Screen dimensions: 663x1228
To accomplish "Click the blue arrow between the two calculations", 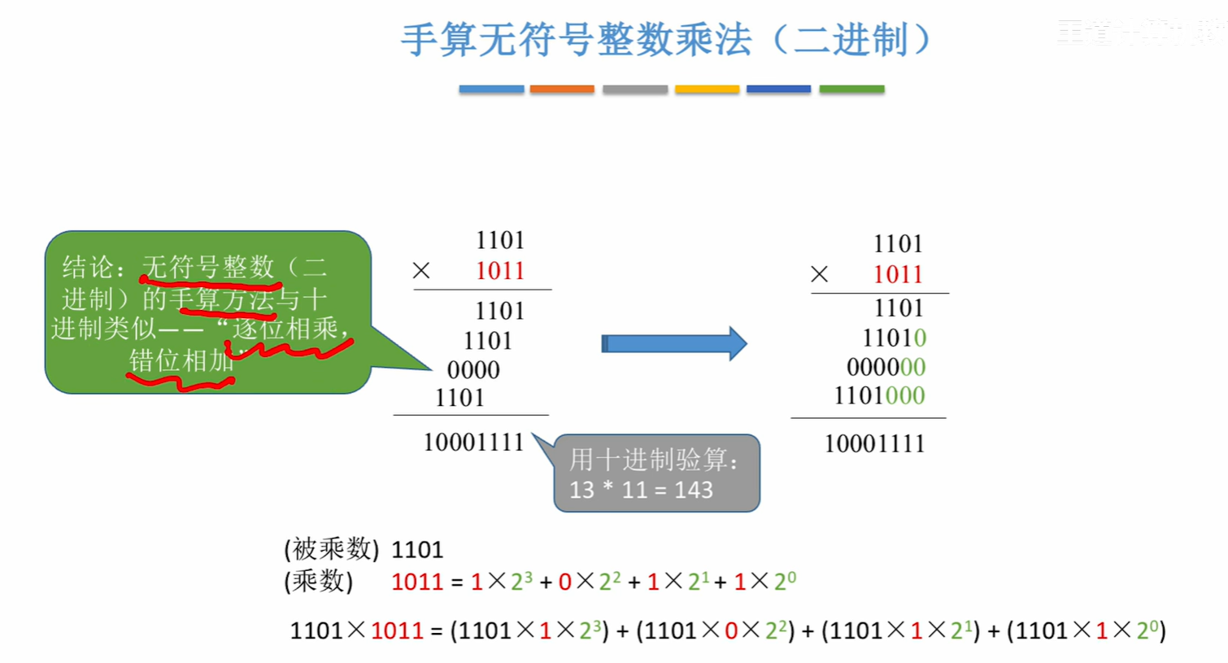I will (673, 343).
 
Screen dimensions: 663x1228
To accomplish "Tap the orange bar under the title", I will (562, 89).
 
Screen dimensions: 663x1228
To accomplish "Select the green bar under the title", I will (851, 89).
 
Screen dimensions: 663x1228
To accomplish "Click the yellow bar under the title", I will (707, 89).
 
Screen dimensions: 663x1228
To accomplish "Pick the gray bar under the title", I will (634, 89).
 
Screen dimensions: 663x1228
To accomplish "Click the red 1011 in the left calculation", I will (499, 271).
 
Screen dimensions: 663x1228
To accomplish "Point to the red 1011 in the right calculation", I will (898, 275).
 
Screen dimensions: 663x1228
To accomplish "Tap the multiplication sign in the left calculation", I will (421, 270).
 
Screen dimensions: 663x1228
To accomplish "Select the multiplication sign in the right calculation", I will (820, 274).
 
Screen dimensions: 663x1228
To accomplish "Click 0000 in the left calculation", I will (473, 370).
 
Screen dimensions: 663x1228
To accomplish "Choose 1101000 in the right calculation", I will (879, 396).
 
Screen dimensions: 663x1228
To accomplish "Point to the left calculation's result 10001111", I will (473, 443).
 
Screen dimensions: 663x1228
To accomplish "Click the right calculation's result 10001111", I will (874, 444).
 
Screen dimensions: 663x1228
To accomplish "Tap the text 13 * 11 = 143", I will (641, 490).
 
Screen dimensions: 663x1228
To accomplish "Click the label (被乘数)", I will (331, 549).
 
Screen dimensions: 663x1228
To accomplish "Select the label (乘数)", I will (318, 581).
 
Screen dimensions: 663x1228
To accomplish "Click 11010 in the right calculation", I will (894, 338).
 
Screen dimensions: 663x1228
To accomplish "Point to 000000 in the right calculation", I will (886, 367).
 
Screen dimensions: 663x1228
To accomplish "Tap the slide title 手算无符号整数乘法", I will (577, 39).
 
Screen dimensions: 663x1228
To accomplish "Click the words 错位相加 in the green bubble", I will (181, 360).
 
